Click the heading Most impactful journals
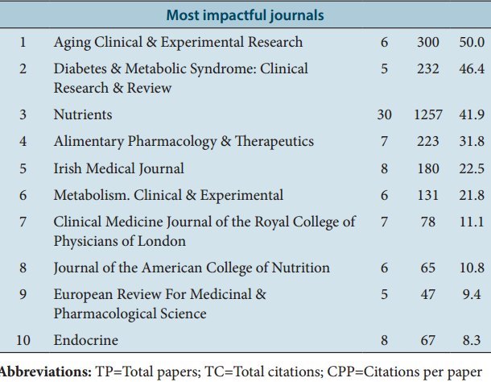click(245, 15)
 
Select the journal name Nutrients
click(83, 115)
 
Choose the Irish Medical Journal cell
click(119, 168)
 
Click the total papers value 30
click(384, 115)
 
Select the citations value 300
click(428, 42)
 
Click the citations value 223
click(428, 142)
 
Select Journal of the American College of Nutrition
click(192, 268)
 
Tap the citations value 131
click(428, 195)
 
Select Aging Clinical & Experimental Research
click(178, 42)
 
